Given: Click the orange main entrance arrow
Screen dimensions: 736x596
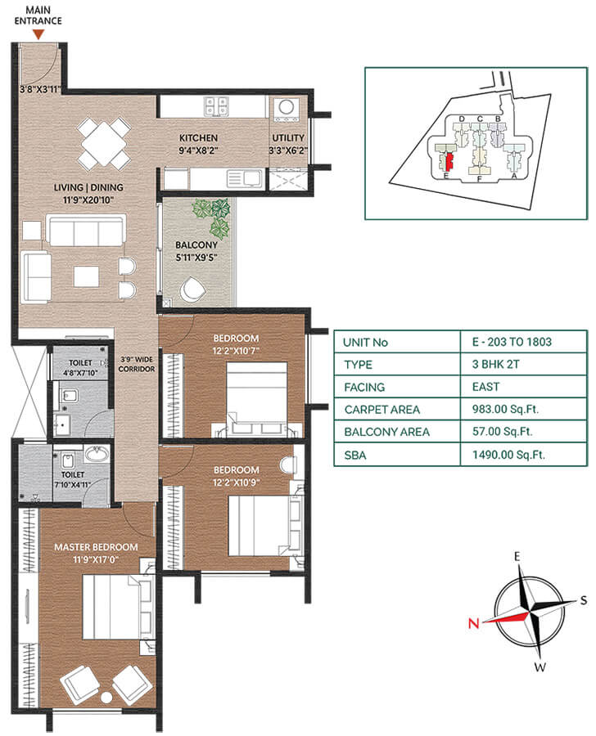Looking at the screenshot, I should pos(38,34).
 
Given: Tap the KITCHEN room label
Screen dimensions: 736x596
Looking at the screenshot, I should pos(199,138).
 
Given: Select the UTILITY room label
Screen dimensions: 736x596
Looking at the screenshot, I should pos(288,138).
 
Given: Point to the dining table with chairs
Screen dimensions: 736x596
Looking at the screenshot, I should pos(103,144).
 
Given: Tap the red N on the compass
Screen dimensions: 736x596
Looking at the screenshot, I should pos(473,623).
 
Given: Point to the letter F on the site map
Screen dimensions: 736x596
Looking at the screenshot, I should pos(478,178).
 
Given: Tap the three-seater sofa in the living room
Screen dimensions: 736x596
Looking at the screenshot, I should pos(87,231).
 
